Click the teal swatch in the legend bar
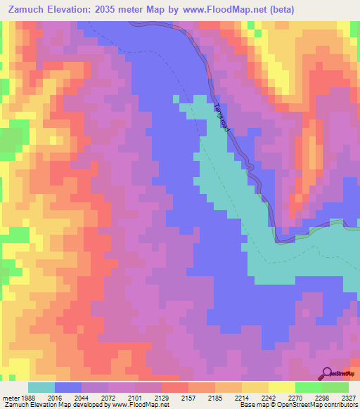(x=41, y=387)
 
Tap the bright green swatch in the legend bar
(x=309, y=387)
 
